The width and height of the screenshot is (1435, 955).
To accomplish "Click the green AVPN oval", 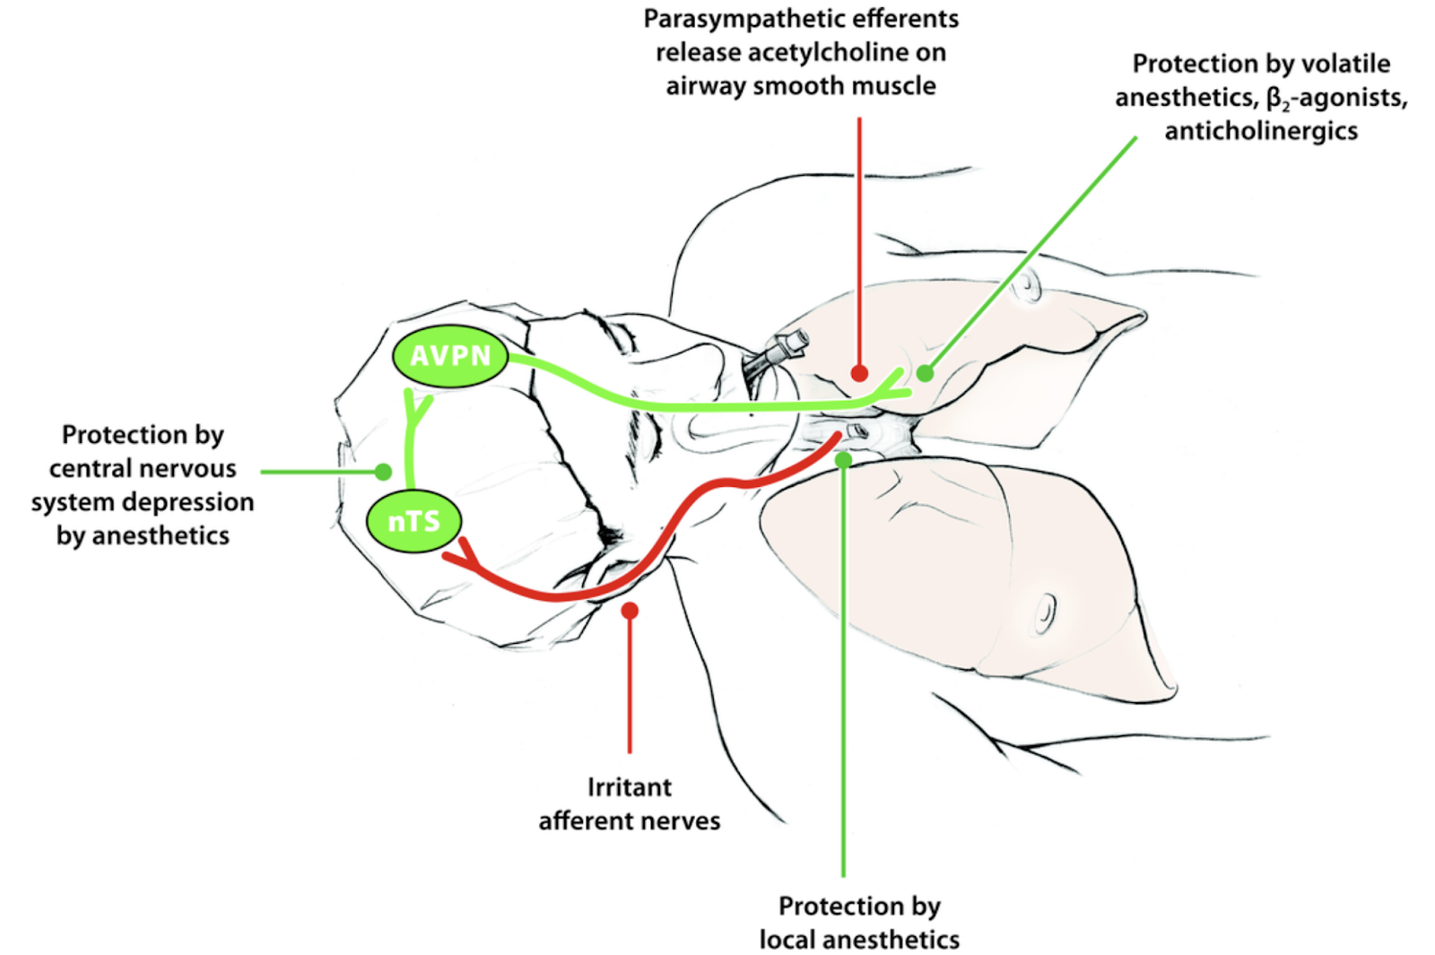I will (450, 356).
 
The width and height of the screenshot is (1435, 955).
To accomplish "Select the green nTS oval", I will (413, 521).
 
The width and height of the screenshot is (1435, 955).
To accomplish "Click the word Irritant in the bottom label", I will (629, 787).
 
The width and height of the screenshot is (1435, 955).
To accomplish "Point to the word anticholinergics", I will (1261, 131).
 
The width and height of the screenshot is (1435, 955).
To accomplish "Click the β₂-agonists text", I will (1336, 98).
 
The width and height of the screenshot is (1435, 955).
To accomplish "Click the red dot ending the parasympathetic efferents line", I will (859, 373).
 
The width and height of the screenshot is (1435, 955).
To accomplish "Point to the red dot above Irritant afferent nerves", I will (630, 611).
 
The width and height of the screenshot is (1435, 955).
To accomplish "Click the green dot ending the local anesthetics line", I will (843, 460).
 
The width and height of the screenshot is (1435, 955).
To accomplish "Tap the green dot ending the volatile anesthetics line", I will (925, 373).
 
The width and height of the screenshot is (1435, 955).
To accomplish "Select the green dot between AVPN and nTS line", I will (384, 472).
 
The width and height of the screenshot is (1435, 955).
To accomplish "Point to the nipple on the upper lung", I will (1028, 288).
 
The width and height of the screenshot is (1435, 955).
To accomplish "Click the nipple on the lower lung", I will (1044, 613).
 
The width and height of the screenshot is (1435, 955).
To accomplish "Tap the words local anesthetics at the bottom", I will (859, 940).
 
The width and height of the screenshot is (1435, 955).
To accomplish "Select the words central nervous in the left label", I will (143, 469).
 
